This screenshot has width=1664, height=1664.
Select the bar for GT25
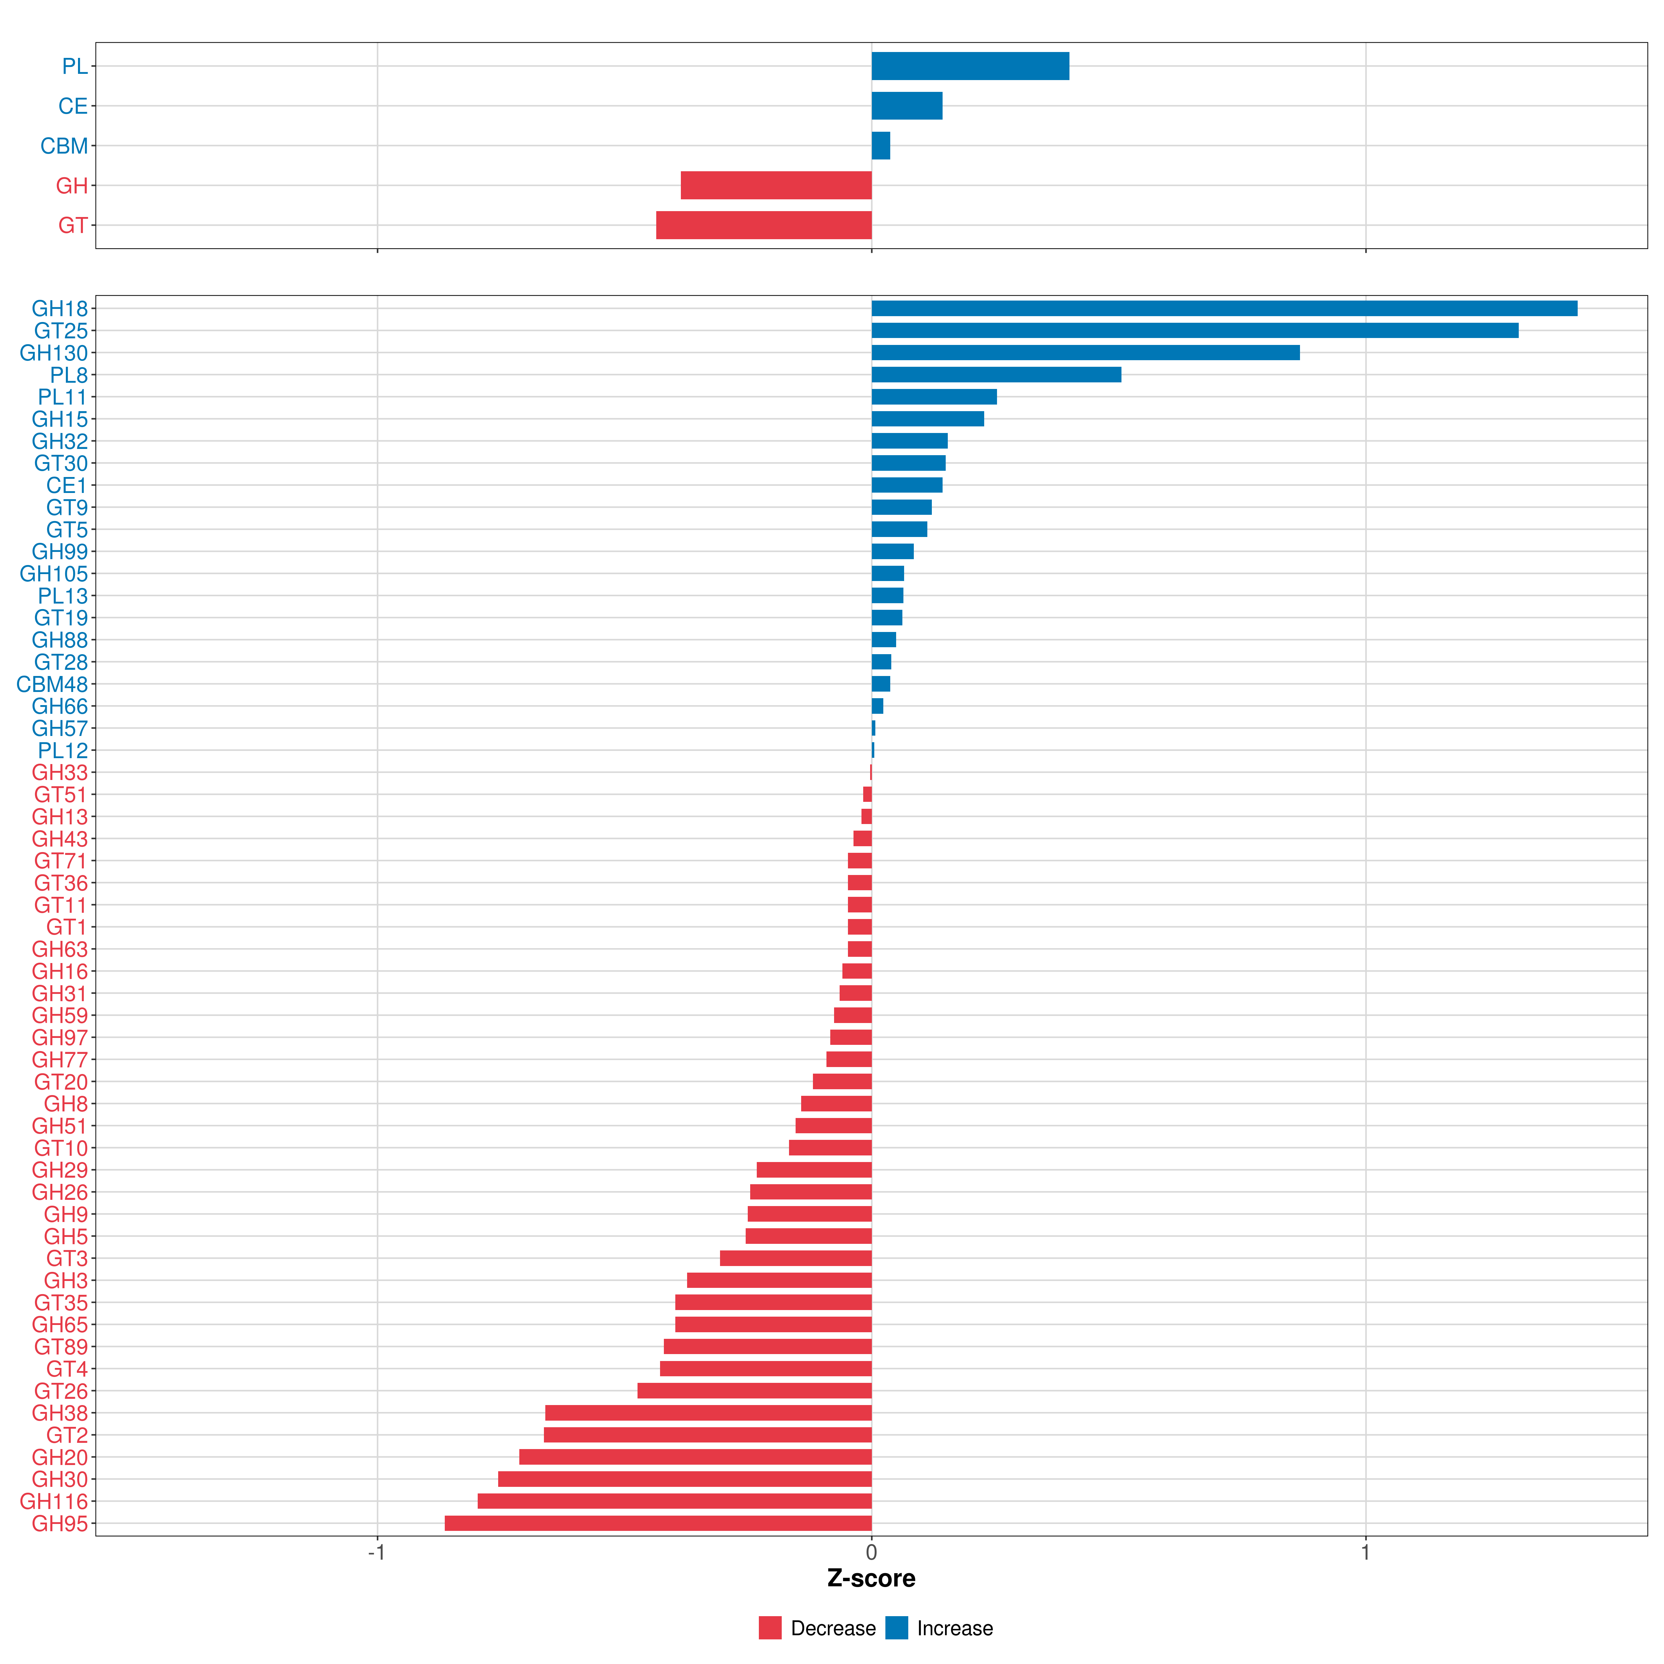[x=1195, y=331]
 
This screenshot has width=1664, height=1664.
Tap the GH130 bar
[x=1085, y=352]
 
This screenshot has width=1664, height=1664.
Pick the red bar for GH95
[x=658, y=1523]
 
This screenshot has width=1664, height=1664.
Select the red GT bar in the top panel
[x=764, y=225]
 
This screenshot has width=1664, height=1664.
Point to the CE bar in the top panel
[x=907, y=106]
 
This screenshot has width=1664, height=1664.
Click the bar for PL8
[x=997, y=375]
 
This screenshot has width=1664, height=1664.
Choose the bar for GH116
[x=674, y=1501]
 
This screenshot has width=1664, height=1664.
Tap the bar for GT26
[x=754, y=1390]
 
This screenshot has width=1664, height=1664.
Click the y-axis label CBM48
[x=53, y=684]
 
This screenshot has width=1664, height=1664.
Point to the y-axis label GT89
[x=61, y=1346]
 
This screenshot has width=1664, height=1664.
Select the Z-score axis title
[x=872, y=1578]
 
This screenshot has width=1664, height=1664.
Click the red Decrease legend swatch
[x=770, y=1628]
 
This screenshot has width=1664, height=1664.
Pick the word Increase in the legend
[x=955, y=1628]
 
